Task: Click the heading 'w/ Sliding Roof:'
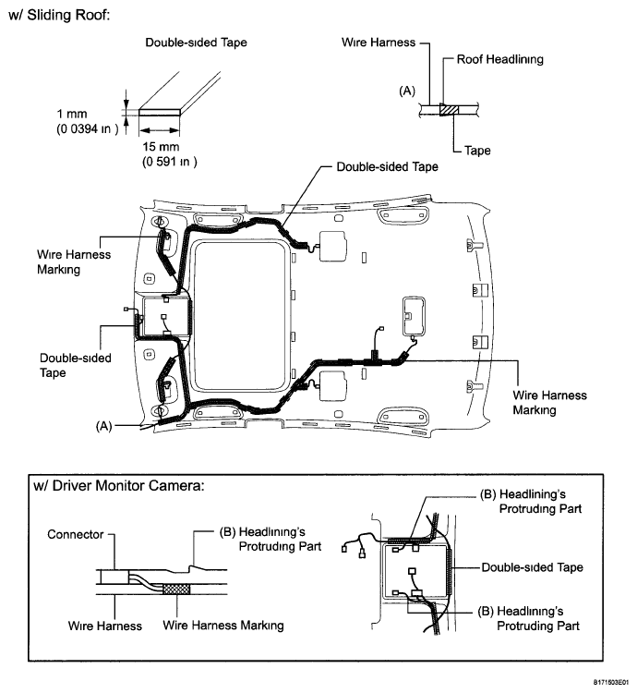click(x=59, y=15)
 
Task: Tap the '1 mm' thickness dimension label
click(x=71, y=114)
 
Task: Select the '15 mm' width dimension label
click(x=161, y=146)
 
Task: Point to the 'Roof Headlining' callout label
click(x=499, y=59)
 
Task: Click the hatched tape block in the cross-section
click(x=450, y=110)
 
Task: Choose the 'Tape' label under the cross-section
click(x=477, y=151)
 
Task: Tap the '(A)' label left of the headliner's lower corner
click(x=103, y=426)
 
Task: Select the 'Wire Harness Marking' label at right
click(x=549, y=402)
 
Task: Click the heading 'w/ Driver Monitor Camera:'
click(x=119, y=485)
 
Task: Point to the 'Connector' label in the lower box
click(x=75, y=534)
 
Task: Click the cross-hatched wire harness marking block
click(x=176, y=589)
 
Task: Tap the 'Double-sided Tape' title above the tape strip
click(x=196, y=43)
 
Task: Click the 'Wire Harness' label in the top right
click(x=379, y=43)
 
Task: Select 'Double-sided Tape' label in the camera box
click(x=532, y=567)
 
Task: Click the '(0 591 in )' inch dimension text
click(x=170, y=162)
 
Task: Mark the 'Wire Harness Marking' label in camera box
click(x=222, y=626)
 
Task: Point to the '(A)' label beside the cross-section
click(x=407, y=91)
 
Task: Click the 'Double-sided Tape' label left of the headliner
click(x=75, y=365)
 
